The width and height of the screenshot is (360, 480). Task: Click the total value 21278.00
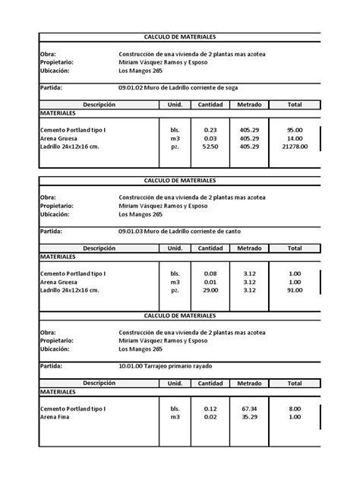pos(294,147)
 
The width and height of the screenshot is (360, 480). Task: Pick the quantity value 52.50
pos(210,147)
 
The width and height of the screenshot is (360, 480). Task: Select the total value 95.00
pos(294,130)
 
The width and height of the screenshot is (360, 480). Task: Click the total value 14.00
pos(294,138)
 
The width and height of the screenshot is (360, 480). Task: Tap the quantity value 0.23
pos(210,130)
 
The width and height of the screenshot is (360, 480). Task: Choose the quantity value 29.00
pos(210,289)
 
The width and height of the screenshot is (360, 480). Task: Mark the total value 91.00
pos(294,289)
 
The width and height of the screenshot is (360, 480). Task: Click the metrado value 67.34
pos(249,409)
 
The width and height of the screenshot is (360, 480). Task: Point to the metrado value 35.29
pos(249,417)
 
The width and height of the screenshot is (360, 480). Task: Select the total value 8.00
pos(294,409)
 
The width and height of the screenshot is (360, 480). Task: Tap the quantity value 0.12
pos(210,409)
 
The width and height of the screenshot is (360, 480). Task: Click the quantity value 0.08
pos(210,273)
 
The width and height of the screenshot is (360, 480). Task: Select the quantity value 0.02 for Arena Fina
pos(210,417)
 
